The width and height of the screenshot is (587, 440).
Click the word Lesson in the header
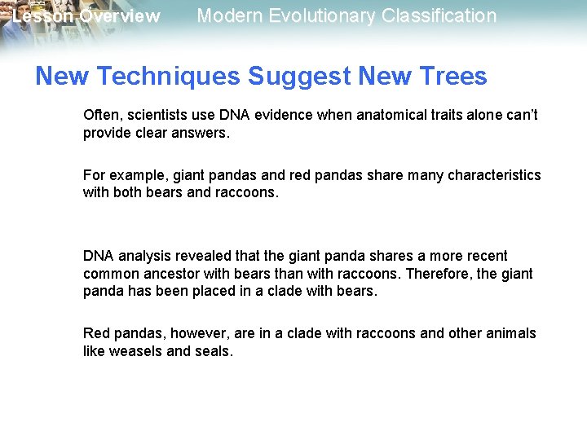click(42, 16)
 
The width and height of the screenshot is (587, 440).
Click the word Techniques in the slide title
click(170, 77)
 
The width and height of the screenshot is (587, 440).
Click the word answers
click(204, 132)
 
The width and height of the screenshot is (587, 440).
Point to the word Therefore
click(439, 273)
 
